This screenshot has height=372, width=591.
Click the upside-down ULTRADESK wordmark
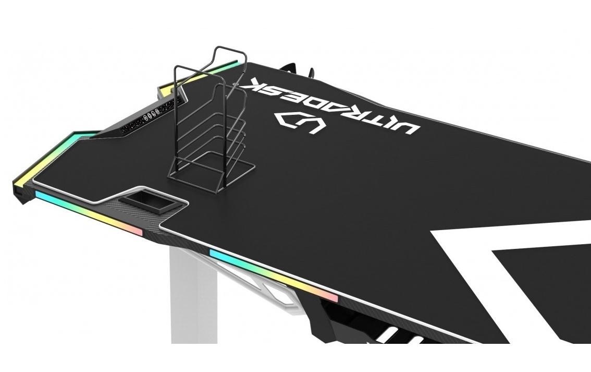[334, 104]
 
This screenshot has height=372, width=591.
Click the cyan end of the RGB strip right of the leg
[219, 255]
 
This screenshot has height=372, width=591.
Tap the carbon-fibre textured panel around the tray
[172, 219]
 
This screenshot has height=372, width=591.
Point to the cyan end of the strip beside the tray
[44, 197]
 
